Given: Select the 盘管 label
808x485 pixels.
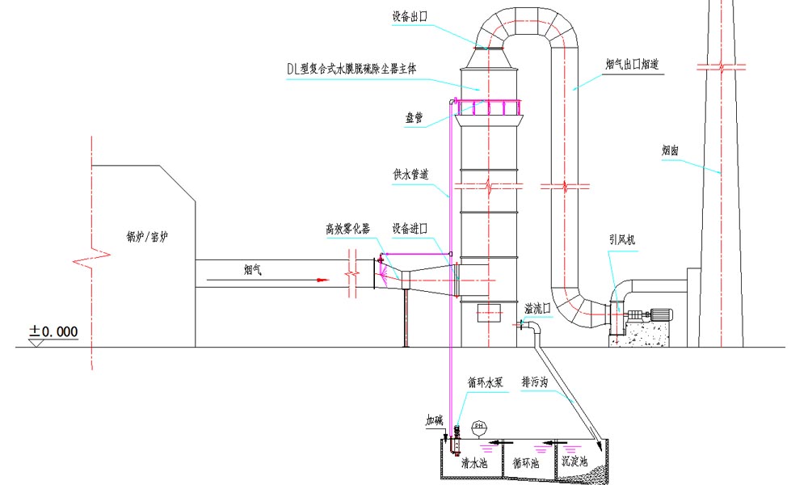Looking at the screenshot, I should coord(414,117).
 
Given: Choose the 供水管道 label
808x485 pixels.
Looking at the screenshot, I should coord(410,174).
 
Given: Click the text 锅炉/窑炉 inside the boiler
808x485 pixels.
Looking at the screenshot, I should coord(145,238).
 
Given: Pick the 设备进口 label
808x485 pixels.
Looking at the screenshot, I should coord(409,229).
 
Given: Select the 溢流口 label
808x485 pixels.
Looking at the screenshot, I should coord(537,309).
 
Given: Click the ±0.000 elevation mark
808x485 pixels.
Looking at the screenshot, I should coord(53,331).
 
